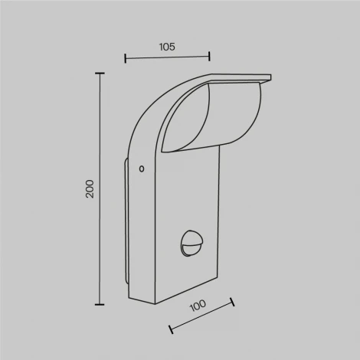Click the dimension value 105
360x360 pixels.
point(167,47)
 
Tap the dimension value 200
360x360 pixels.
point(90,189)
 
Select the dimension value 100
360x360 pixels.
point(198,305)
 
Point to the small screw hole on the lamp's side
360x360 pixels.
point(141,169)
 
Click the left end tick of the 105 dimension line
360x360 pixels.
point(125,57)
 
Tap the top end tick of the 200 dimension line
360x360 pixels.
point(100,74)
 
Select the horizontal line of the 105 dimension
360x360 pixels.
point(167,57)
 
